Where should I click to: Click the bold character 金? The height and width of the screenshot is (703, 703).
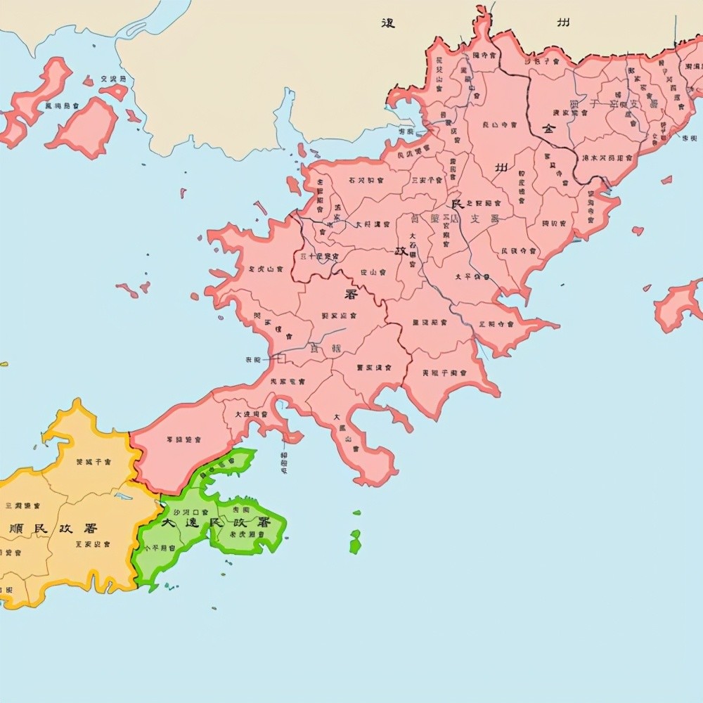(548, 129)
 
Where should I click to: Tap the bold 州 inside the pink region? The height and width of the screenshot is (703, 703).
(501, 167)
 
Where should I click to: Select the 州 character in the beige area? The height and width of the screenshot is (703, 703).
(563, 23)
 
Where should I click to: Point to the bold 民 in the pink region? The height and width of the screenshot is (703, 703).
(458, 205)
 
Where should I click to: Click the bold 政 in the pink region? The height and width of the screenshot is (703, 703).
(401, 250)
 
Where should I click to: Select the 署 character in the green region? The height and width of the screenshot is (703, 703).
(264, 522)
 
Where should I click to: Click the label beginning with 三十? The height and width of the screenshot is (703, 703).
(320, 256)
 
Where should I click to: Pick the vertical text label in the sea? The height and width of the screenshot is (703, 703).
(284, 460)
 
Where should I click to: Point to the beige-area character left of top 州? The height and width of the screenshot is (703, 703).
(387, 23)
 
